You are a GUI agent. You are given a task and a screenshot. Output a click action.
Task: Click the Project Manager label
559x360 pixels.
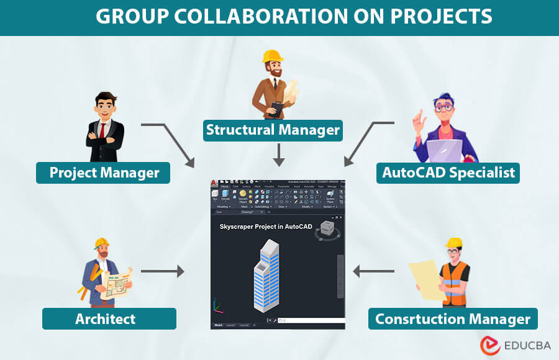click(x=103, y=172)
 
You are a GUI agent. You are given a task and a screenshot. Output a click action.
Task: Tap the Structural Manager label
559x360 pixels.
click(x=273, y=130)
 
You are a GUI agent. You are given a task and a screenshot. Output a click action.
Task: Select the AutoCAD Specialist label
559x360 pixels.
click(x=448, y=172)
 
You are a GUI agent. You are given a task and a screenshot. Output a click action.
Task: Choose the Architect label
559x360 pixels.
click(x=106, y=318)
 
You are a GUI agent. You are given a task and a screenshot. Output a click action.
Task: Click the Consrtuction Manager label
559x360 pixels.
click(x=452, y=319)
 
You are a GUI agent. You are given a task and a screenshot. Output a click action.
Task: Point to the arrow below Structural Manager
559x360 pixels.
click(x=279, y=154)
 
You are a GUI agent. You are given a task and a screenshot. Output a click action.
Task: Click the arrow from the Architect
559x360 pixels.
click(x=163, y=271)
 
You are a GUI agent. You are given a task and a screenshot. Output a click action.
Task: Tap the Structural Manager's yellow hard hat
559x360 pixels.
click(x=273, y=56)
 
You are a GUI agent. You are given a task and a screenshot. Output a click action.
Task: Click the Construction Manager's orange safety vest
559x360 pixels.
click(x=453, y=283)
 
